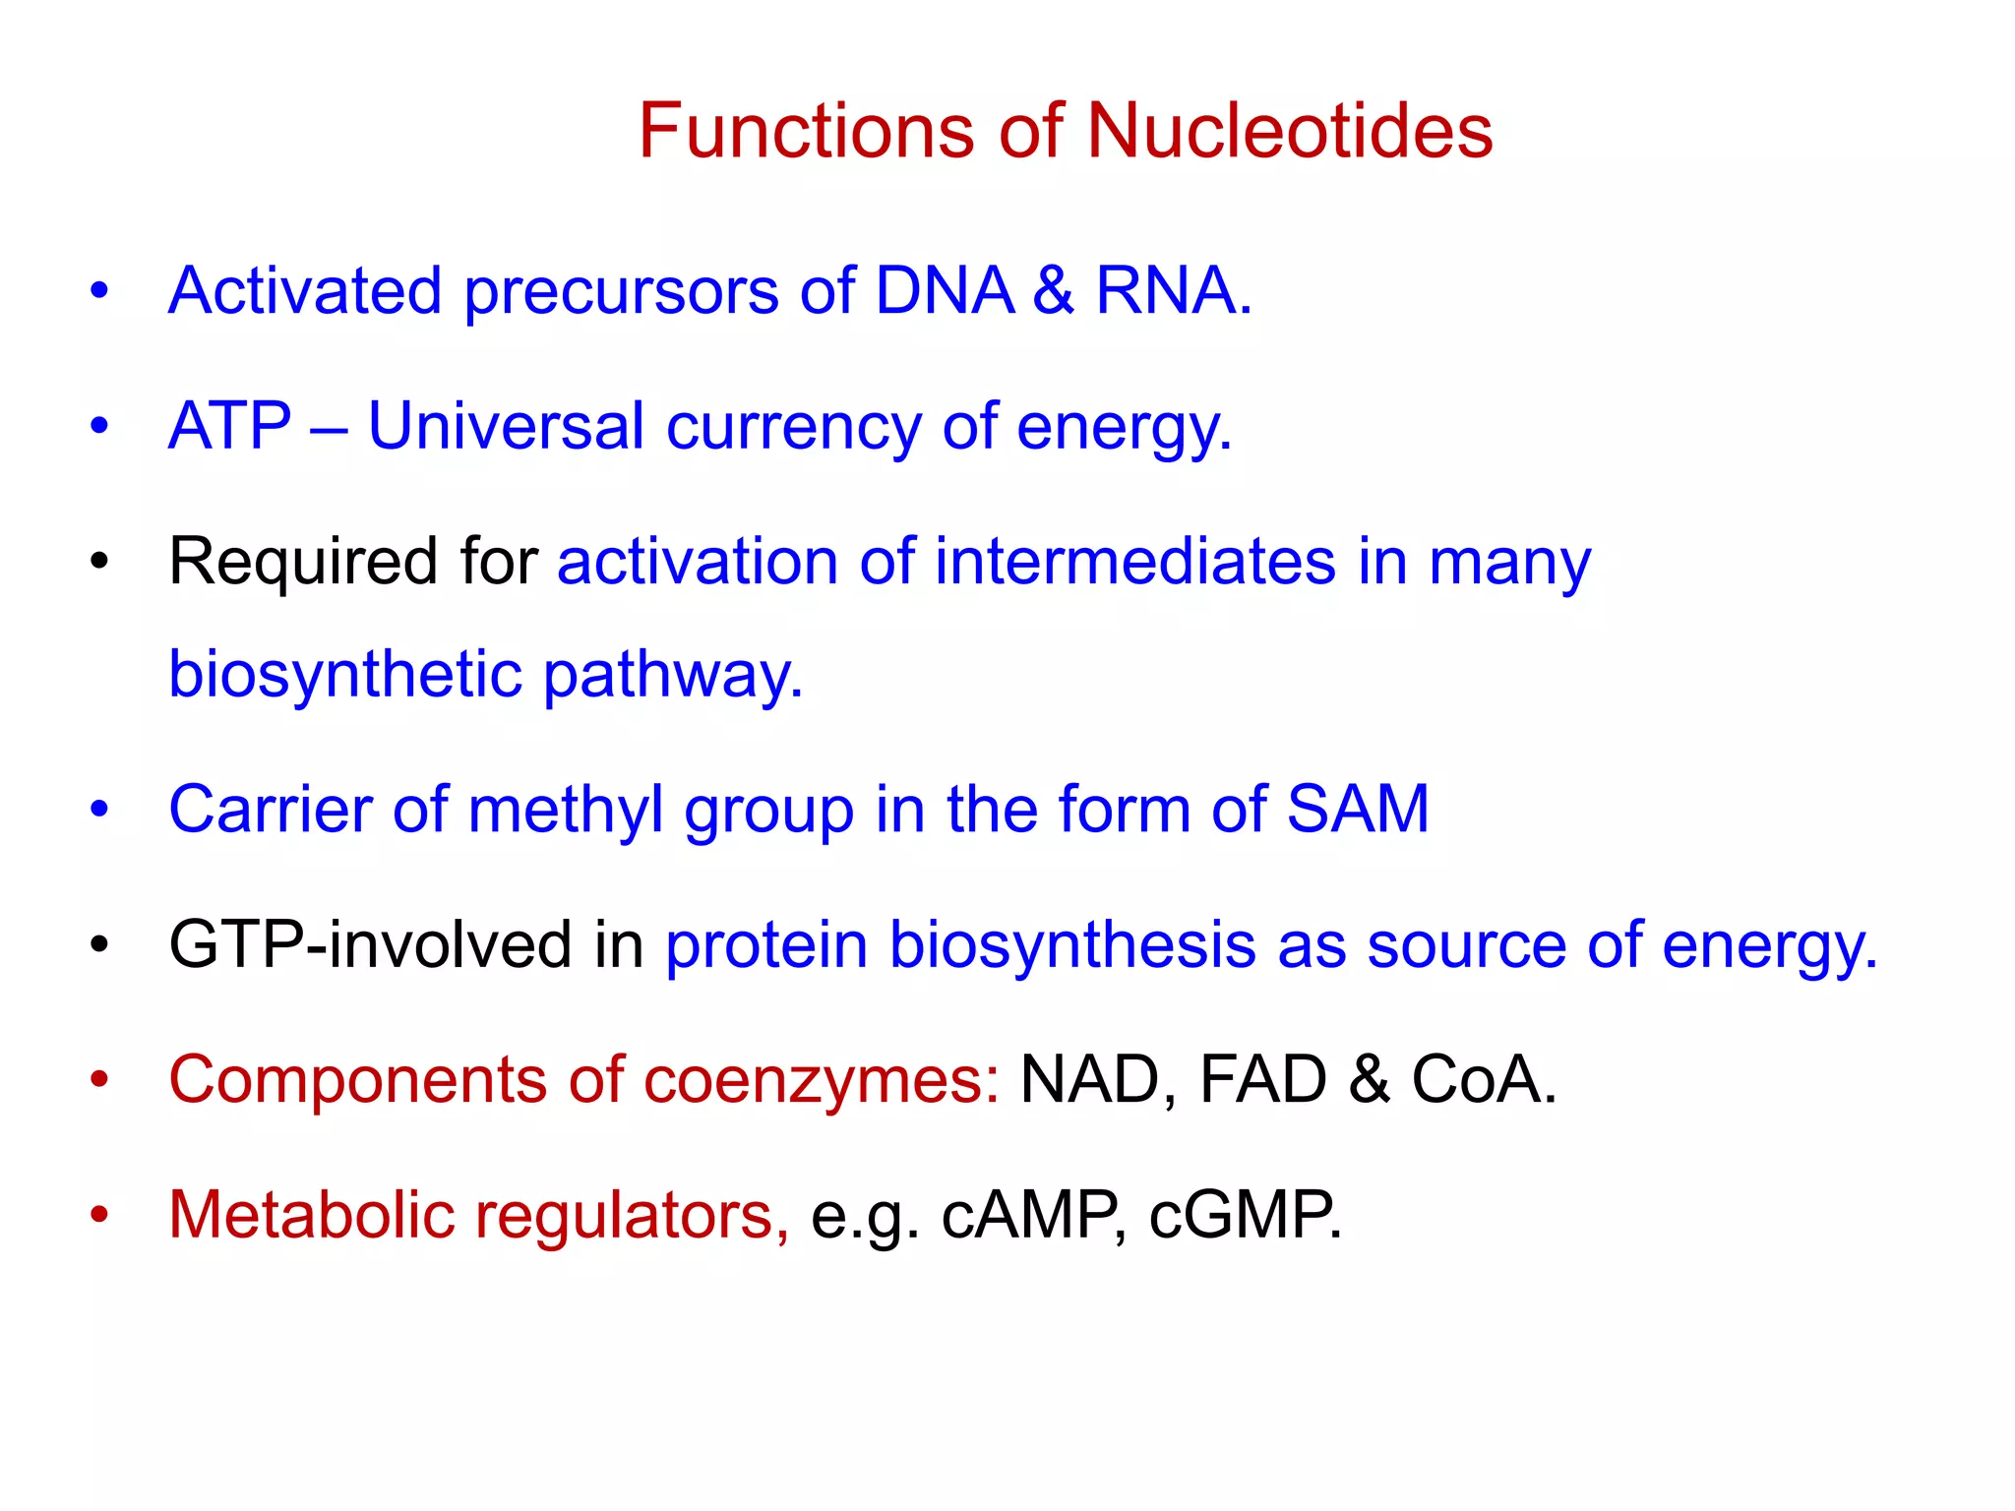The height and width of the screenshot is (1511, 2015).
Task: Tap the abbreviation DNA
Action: tap(944, 291)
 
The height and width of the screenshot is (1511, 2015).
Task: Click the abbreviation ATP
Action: tap(229, 427)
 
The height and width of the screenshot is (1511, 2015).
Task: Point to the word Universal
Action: tap(506, 427)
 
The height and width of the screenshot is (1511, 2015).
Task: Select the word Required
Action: tap(303, 562)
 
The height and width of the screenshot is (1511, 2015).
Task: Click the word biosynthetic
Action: tap(344, 677)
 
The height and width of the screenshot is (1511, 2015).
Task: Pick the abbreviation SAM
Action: tap(1358, 810)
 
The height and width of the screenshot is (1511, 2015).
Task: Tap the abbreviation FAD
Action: tap(1262, 1080)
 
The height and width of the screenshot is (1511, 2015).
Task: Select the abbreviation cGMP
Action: tap(1244, 1216)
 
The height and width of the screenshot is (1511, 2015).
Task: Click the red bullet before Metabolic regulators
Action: tap(99, 1215)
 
